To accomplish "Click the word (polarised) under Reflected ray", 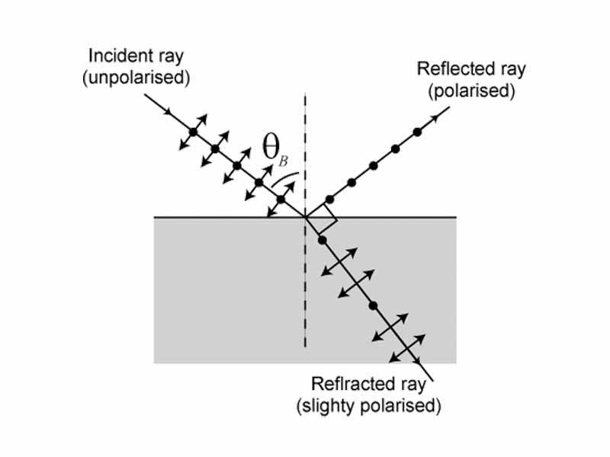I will coord(472,91).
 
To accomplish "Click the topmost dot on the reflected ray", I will coord(417,132).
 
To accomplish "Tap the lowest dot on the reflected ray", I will coord(329,200).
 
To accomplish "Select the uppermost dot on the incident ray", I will coord(194,133).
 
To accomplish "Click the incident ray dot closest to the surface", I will coord(281,200).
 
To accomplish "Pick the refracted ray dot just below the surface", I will coord(322,240).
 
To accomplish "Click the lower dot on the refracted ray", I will coord(373,305).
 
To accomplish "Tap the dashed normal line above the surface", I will coord(305,152).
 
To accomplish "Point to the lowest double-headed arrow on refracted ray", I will coord(406,348).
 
